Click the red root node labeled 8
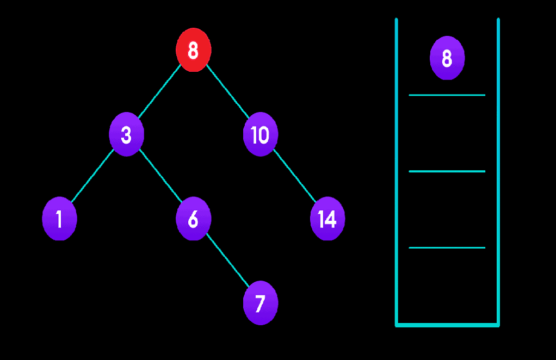coord(193,50)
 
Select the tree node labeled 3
coord(126,134)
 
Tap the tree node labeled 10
coord(260,134)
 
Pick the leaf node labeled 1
coord(59,219)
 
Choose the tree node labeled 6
coord(193,219)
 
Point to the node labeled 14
coord(327,219)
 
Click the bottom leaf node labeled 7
coord(260,303)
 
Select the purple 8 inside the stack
coord(447,58)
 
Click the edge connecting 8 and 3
coord(159,92)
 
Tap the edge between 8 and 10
coord(227,92)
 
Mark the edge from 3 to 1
coord(92,176)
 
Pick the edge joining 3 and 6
coord(160,176)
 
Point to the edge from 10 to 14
coord(294,176)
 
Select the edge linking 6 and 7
coord(227,260)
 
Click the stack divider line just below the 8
coord(447,95)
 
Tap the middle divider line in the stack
coord(447,171)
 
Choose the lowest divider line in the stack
coord(447,247)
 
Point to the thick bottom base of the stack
coord(447,325)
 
